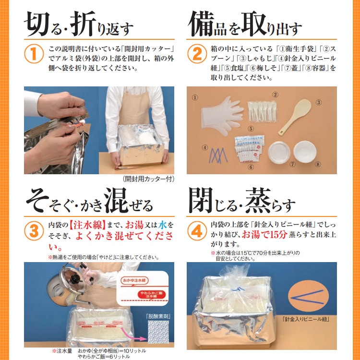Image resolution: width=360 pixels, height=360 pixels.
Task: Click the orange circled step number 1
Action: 34,54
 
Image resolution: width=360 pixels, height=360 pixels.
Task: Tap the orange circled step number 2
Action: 197,54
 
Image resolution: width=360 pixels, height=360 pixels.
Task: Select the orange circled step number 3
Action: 34,231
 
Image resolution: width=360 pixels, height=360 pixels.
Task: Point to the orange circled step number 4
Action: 197,231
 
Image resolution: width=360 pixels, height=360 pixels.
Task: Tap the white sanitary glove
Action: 221,116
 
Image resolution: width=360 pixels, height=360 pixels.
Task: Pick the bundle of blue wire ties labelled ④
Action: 217,156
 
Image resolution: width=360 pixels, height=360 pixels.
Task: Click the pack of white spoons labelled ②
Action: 262,111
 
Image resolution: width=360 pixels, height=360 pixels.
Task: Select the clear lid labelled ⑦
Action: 279,153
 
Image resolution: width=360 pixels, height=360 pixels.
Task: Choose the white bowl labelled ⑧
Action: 305,152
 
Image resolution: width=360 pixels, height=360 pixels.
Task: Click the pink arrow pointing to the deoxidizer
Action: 134,334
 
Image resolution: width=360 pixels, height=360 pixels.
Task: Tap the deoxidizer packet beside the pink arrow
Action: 158,332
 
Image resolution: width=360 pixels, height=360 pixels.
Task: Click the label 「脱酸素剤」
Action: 158,316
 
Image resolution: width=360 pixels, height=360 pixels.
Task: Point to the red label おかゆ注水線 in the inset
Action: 134,281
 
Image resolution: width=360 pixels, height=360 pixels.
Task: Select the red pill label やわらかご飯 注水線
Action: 152,295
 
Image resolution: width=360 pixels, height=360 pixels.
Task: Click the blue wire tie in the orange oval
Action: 308,297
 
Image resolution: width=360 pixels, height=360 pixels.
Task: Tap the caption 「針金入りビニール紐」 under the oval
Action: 306,319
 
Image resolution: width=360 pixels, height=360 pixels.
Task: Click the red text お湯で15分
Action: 264,234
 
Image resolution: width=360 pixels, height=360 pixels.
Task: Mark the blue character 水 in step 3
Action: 162,225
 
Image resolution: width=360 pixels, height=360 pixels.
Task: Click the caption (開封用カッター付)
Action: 148,179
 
